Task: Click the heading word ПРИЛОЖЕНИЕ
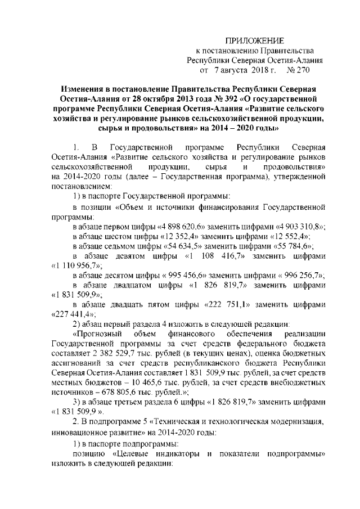tap(255, 40)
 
